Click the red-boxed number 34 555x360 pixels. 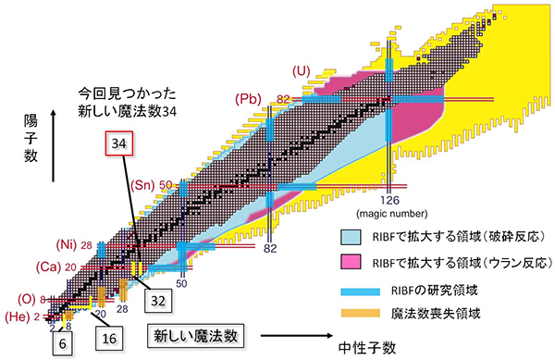(x=117, y=146)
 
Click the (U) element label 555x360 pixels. (x=302, y=71)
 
